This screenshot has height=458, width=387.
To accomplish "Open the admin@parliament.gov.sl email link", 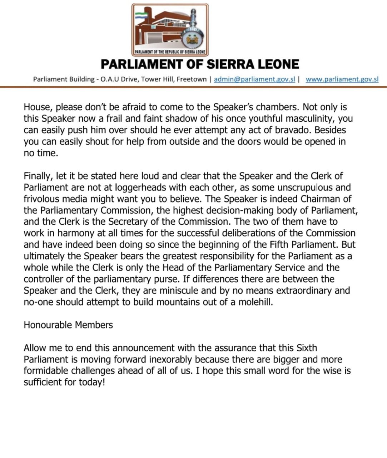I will (x=254, y=79).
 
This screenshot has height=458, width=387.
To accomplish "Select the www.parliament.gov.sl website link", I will (x=342, y=79).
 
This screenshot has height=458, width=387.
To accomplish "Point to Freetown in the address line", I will (x=192, y=79).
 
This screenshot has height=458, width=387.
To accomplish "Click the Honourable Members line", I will (x=68, y=325).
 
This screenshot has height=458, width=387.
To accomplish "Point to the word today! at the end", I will (x=92, y=382).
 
